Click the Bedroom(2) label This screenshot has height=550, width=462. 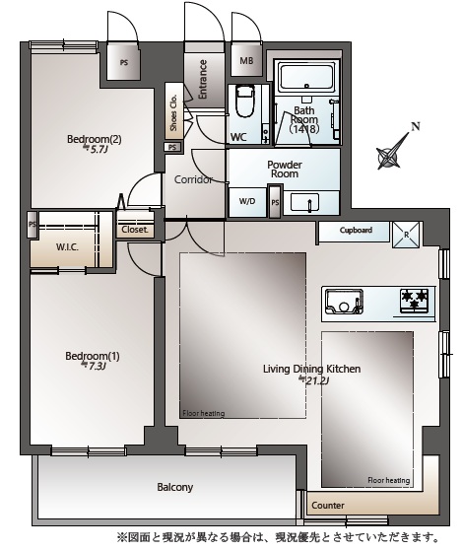pos(94,139)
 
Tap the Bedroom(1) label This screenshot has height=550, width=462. pos(93,356)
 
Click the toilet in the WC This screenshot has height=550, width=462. pos(244,102)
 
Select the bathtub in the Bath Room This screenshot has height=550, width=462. pos(306,78)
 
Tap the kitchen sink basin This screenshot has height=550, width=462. pos(344,302)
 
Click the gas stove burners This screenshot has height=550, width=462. pos(415,301)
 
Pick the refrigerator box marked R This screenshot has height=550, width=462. pos(406,235)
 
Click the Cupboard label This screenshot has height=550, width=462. pos(356,231)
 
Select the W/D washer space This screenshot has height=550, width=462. pos(247,202)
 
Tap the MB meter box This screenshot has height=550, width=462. pos(246,60)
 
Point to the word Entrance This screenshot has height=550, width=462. pos(203,79)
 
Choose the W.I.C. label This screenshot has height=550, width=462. pos(67,247)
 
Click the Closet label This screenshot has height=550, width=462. pos(135,230)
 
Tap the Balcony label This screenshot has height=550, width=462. pos(175,487)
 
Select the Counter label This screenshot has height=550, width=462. pos(328,506)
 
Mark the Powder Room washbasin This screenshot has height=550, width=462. pos(304,203)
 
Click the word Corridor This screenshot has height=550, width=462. pos(193,179)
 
